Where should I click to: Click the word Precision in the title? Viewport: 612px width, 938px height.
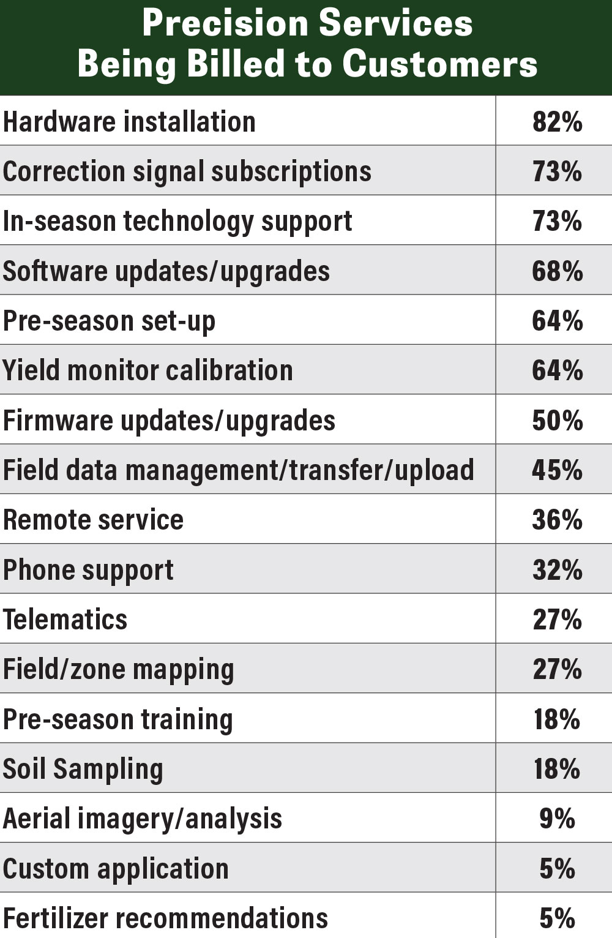click(x=224, y=23)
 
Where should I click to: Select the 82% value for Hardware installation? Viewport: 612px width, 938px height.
click(x=557, y=122)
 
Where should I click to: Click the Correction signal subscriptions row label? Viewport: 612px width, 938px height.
click(x=187, y=171)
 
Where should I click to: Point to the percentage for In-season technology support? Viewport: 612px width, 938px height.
click(x=557, y=221)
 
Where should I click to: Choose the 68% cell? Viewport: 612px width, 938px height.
click(x=557, y=271)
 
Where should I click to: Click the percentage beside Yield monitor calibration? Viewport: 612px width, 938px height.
click(x=557, y=370)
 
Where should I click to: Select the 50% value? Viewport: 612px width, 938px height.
click(x=557, y=421)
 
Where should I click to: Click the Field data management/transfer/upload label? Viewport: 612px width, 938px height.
click(x=238, y=470)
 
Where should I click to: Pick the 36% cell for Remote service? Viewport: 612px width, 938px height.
click(x=557, y=520)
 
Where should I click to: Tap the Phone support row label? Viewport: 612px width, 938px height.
click(x=88, y=570)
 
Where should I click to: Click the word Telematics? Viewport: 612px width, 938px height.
click(x=65, y=620)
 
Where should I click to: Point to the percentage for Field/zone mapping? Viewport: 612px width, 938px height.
click(x=557, y=669)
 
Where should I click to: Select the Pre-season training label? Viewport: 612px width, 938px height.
click(x=118, y=719)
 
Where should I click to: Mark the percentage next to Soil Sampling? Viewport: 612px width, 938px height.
click(x=557, y=769)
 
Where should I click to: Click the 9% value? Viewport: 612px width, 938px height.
click(x=557, y=819)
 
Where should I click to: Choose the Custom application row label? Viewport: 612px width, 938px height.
click(x=116, y=869)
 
